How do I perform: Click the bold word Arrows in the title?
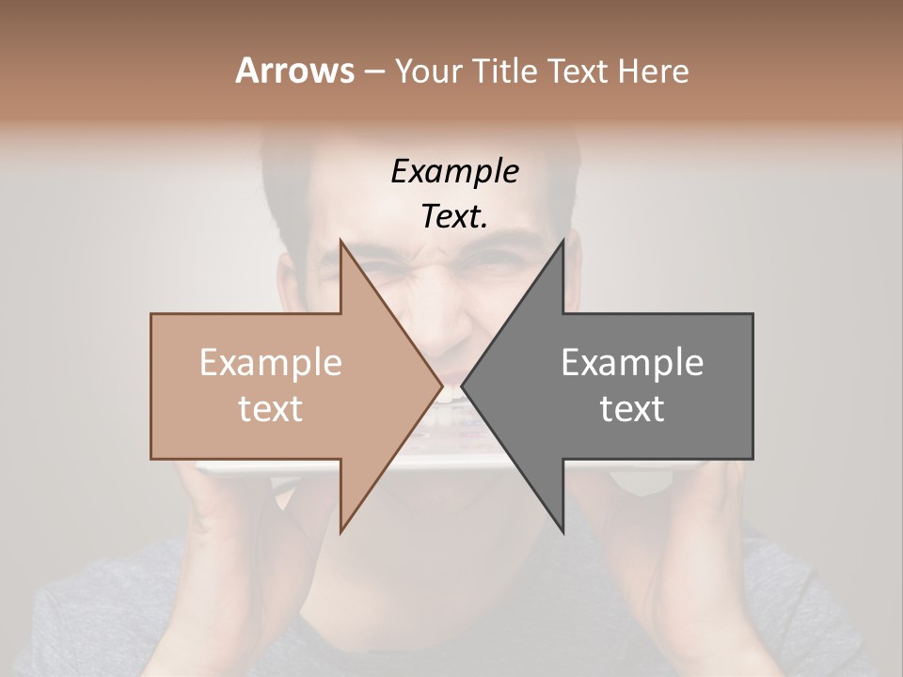(x=294, y=71)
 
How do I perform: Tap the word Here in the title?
(x=653, y=71)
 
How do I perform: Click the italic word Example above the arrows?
(x=454, y=172)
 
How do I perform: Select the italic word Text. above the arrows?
(x=454, y=217)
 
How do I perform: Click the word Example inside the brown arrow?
(x=270, y=363)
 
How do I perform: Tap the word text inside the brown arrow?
(x=270, y=409)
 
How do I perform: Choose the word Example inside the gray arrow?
(x=632, y=363)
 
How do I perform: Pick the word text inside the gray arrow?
(x=632, y=409)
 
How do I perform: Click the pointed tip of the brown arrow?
(x=441, y=386)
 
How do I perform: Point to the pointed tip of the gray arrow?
(x=463, y=386)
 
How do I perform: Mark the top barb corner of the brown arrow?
(x=341, y=242)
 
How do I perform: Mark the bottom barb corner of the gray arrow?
(x=563, y=531)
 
